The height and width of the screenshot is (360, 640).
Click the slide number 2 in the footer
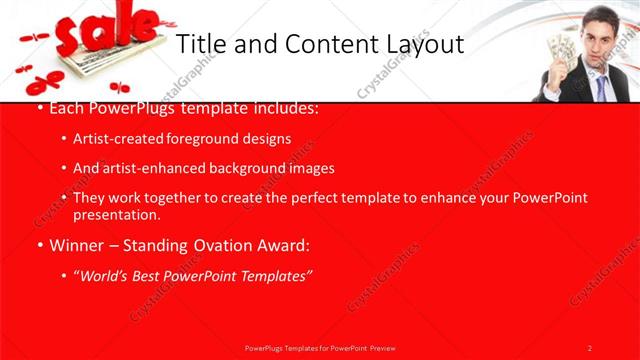click(590, 347)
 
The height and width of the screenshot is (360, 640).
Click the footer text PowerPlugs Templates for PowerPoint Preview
click(320, 347)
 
